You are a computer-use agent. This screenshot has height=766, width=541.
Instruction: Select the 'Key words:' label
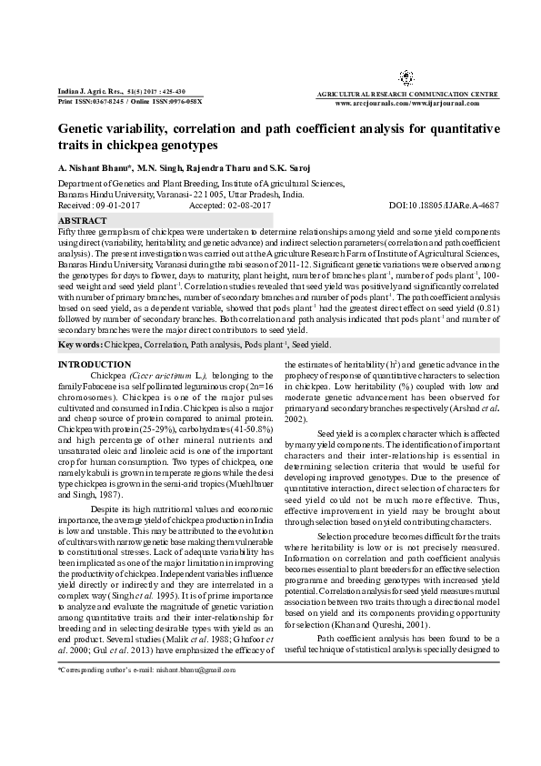coord(79,346)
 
